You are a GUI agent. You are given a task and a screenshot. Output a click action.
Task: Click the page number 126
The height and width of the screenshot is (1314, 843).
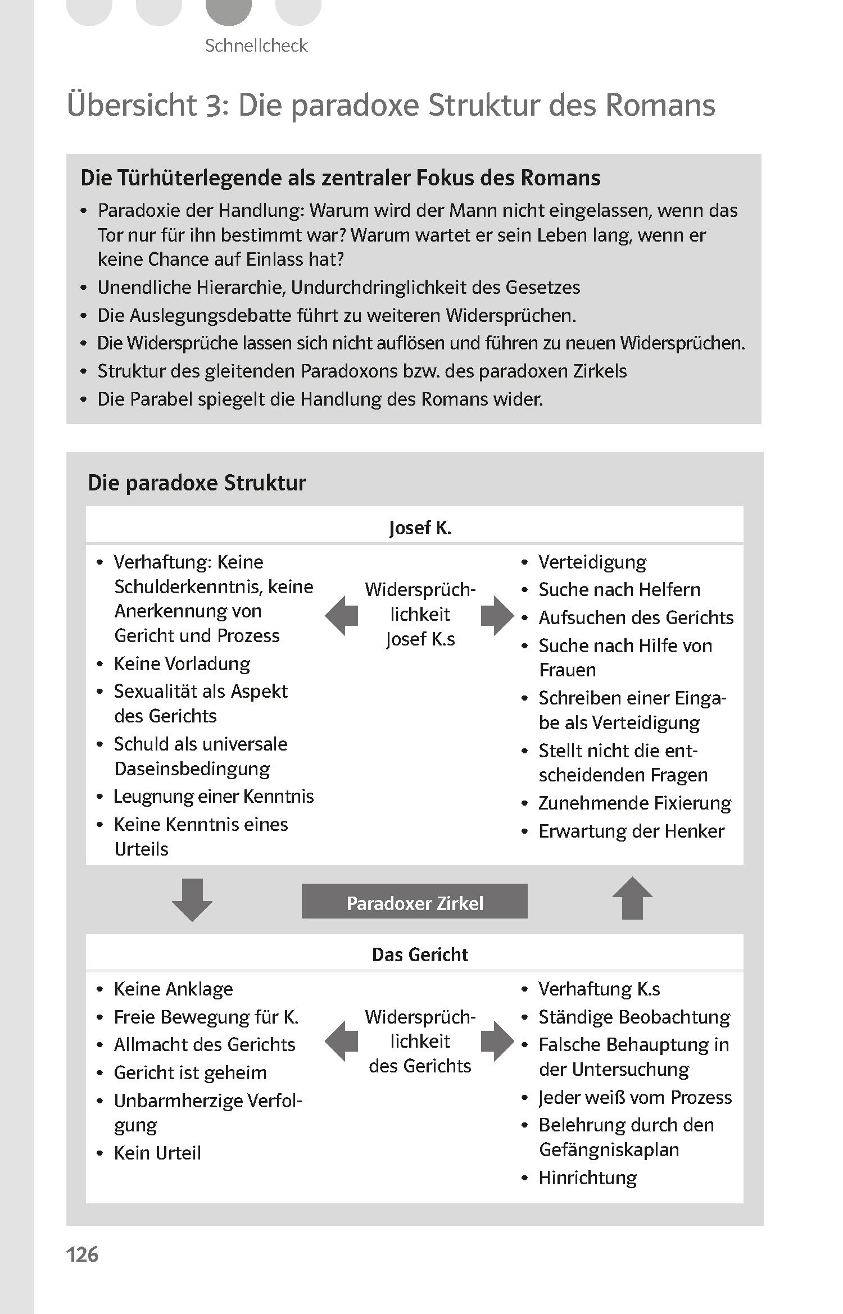[82, 1254]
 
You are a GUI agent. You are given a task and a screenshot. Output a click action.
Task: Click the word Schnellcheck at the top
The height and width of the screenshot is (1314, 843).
[256, 46]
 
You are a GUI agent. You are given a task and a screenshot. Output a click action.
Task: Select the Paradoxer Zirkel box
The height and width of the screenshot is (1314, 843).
[414, 903]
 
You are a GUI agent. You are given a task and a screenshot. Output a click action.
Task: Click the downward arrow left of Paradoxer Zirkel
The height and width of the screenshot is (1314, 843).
[192, 899]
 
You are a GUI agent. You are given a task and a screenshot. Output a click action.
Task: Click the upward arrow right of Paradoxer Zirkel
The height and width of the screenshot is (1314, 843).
[632, 898]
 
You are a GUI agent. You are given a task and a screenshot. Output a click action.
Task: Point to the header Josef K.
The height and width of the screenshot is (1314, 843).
[420, 528]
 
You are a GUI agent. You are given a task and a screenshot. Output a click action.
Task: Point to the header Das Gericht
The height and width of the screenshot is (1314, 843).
[420, 954]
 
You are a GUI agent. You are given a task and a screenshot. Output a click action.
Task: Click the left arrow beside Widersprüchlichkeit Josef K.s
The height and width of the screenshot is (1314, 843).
[342, 616]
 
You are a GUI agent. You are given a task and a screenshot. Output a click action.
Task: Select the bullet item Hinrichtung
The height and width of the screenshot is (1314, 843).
[587, 1177]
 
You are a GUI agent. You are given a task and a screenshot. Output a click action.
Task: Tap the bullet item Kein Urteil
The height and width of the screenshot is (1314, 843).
[157, 1153]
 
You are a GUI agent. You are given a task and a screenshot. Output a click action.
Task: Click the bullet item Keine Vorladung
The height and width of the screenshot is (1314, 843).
[182, 663]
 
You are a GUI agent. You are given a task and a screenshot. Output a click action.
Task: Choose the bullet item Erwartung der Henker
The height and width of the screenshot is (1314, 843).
[631, 831]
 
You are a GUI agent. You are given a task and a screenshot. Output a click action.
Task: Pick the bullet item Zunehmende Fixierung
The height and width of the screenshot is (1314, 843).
[634, 803]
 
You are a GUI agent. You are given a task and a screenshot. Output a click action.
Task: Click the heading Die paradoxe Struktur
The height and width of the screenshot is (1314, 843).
[197, 483]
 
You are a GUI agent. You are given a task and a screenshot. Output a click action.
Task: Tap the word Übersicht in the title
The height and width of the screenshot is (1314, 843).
[132, 106]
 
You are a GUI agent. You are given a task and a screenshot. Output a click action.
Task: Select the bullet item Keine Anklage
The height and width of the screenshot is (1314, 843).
[173, 989]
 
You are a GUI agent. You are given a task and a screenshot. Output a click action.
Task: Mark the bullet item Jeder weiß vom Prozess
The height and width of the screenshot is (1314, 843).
[634, 1097]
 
